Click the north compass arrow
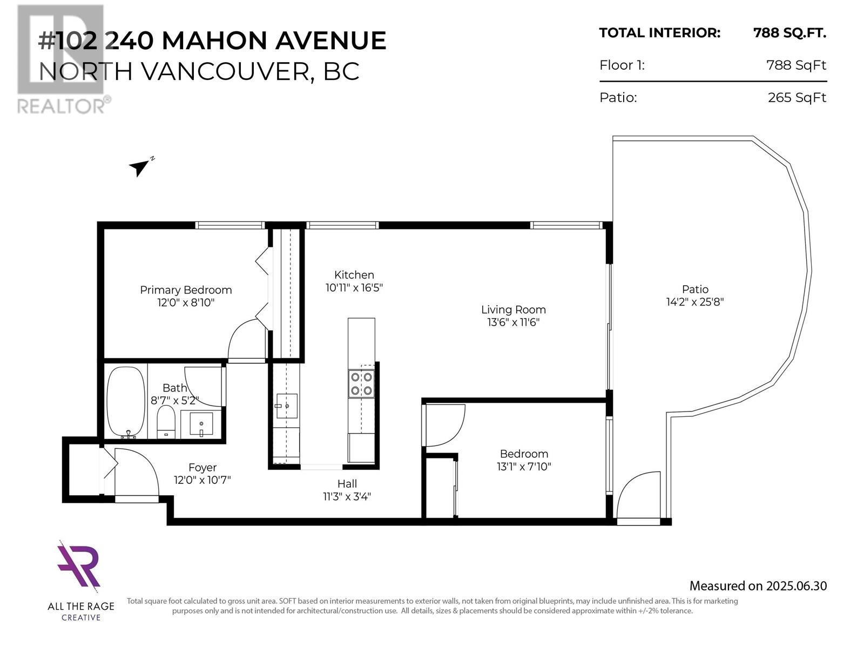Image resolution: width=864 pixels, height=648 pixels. coord(139,168)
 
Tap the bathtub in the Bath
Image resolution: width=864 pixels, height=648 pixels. coord(126,401)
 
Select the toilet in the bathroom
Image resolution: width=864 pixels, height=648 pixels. coord(166,421)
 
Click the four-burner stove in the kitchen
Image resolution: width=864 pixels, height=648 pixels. coord(361,383)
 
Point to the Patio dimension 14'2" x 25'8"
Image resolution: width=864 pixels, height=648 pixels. coord(695,302)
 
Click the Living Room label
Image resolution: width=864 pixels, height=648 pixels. coord(514,309)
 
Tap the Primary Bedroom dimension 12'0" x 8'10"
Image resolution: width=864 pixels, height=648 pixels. coord(186,302)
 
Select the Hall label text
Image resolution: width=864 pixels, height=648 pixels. coord(347,483)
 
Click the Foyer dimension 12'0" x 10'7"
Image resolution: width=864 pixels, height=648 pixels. coord(202,480)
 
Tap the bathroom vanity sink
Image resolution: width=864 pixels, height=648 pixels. coord(201,424)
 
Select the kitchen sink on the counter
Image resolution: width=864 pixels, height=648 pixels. coord(287,406)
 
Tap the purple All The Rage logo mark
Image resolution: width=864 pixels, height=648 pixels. coord(79,566)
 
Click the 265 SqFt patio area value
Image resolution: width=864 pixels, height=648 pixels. coord(796,98)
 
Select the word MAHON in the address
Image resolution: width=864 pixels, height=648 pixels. coord(215,40)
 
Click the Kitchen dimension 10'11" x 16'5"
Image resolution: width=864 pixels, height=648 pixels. coord(354,288)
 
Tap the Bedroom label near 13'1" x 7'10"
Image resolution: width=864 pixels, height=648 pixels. coord(524,454)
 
